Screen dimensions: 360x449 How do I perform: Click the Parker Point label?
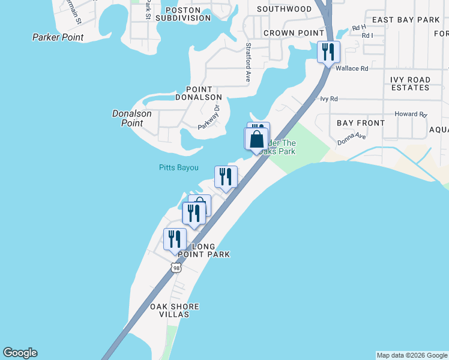point(58,37)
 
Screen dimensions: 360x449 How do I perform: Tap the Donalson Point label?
point(132,118)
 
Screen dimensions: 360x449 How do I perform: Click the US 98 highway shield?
point(175,268)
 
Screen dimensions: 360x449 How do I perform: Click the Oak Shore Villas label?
point(174,310)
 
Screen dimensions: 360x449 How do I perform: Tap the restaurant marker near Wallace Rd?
point(328,52)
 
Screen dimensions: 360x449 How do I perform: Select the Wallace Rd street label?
point(351,68)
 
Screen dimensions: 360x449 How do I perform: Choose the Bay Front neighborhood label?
point(361,123)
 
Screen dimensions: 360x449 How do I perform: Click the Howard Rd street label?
point(410,114)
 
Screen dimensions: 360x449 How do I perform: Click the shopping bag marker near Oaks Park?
point(256,139)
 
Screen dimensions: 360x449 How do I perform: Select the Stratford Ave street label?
point(247,62)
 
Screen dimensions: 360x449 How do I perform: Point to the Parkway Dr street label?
point(209,118)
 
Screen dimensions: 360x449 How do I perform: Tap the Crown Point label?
point(285,33)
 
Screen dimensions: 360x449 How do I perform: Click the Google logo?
point(20,353)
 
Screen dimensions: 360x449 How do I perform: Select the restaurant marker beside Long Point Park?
point(174,239)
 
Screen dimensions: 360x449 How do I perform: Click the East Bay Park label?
point(406,20)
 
